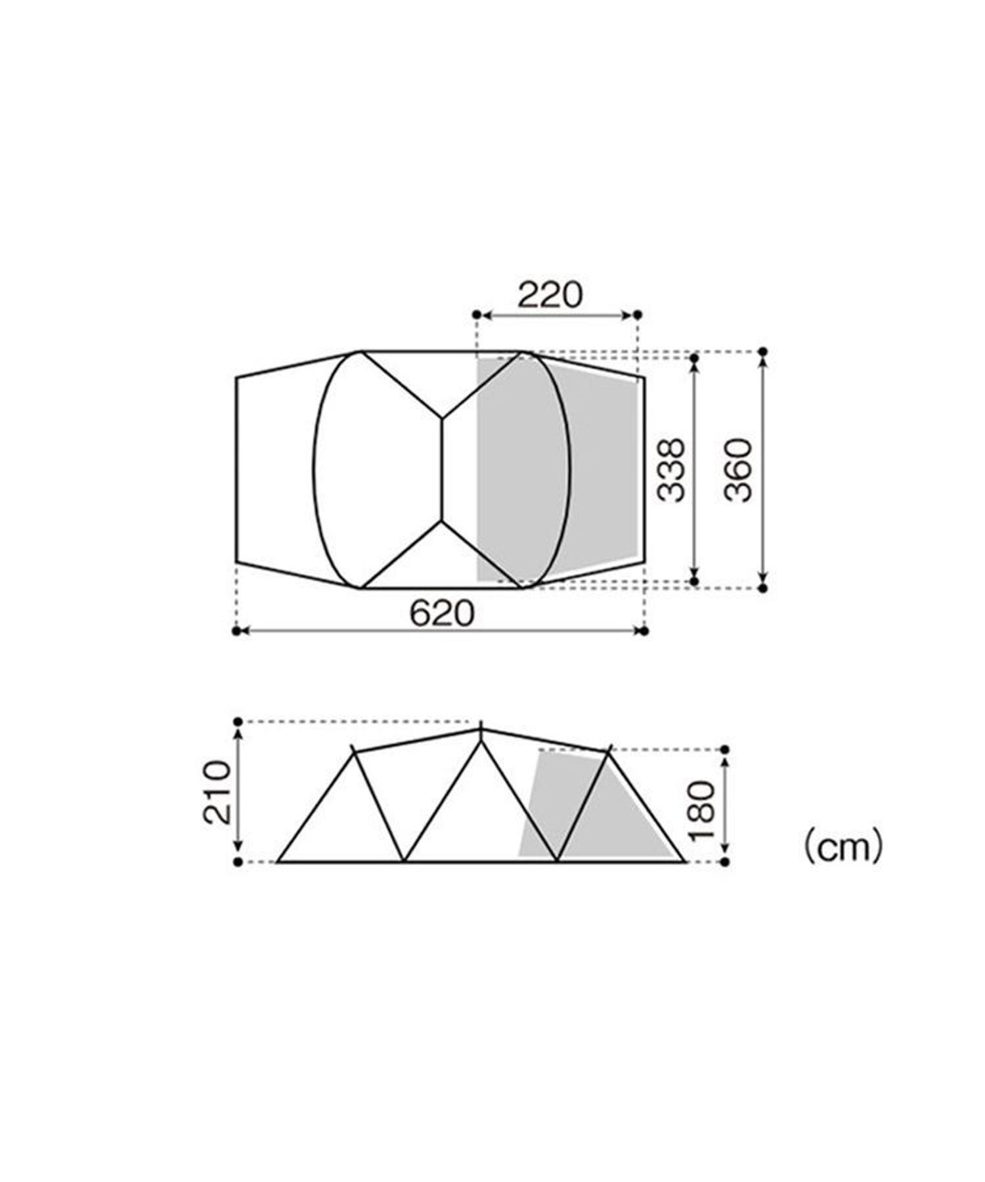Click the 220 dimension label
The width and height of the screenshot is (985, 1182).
[x=550, y=295]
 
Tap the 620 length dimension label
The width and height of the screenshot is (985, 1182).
[x=441, y=614]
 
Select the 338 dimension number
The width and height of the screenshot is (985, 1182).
[x=671, y=470]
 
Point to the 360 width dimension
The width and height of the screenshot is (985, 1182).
[x=738, y=470]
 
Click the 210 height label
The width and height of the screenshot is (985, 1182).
[x=217, y=792]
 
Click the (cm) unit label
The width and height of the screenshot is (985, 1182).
[x=843, y=848]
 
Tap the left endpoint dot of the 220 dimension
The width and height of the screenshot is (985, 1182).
[x=477, y=315]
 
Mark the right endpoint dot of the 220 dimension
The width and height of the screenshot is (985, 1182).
[x=637, y=315]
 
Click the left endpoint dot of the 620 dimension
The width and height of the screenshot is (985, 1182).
[x=236, y=631]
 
